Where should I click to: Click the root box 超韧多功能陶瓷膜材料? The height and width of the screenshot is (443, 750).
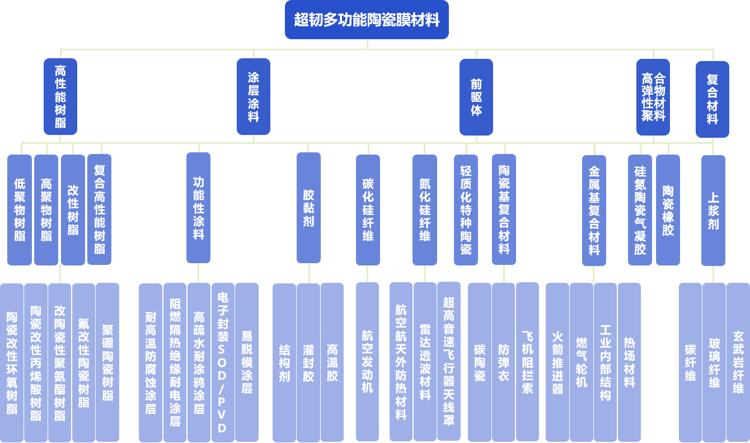tap(367, 20)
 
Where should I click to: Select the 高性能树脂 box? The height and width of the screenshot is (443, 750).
tap(60, 96)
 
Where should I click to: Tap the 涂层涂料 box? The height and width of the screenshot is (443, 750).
tap(254, 96)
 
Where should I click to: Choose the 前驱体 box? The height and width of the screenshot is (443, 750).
tap(476, 96)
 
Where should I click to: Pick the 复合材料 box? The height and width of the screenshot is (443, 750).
tap(712, 99)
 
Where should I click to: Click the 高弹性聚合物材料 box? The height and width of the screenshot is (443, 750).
tap(653, 96)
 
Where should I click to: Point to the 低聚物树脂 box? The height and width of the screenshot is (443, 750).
tap(20, 209)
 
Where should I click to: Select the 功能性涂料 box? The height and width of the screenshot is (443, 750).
tap(198, 208)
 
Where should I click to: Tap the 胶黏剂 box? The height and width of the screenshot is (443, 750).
tap(308, 208)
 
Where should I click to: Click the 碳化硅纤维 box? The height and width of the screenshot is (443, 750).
tap(368, 209)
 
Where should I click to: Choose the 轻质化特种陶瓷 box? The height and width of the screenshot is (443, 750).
tap(466, 209)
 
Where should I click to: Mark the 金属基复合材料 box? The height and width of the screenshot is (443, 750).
tap(594, 210)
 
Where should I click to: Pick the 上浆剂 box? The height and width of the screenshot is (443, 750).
tap(713, 210)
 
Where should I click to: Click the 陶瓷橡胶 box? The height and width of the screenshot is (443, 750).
tap(668, 209)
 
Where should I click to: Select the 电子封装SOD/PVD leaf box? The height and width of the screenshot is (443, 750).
tap(223, 362)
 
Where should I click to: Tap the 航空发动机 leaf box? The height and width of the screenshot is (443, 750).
tap(367, 362)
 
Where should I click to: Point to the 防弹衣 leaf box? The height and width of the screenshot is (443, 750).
tap(503, 362)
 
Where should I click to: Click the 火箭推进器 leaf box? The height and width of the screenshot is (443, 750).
tap(557, 362)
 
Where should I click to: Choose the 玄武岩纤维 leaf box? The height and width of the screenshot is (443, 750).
tap(738, 362)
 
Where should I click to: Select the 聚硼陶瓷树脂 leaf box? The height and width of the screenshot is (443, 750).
tap(107, 362)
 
